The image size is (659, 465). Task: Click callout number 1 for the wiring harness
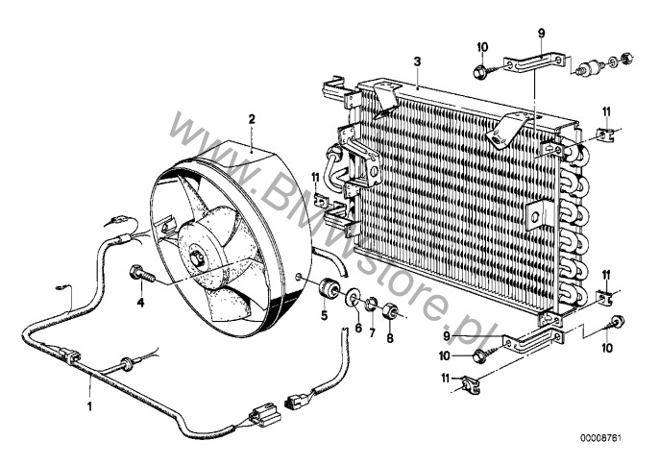89,406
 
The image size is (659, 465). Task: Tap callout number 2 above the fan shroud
252,119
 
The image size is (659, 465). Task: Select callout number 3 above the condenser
417,61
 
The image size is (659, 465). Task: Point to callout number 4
140,302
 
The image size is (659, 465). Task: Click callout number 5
324,315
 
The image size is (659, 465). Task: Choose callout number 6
358,328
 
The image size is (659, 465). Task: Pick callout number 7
372,333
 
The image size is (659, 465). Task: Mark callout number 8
390,337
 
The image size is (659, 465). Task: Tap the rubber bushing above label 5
329,286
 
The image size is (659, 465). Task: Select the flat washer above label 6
353,298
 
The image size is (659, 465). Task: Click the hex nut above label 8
390,311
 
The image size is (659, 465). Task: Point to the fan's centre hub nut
197,257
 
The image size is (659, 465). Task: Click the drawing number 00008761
600,438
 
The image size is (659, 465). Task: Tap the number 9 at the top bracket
542,33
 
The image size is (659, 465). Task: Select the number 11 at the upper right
605,111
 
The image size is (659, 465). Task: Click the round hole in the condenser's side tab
535,217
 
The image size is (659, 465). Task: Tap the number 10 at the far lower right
607,348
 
